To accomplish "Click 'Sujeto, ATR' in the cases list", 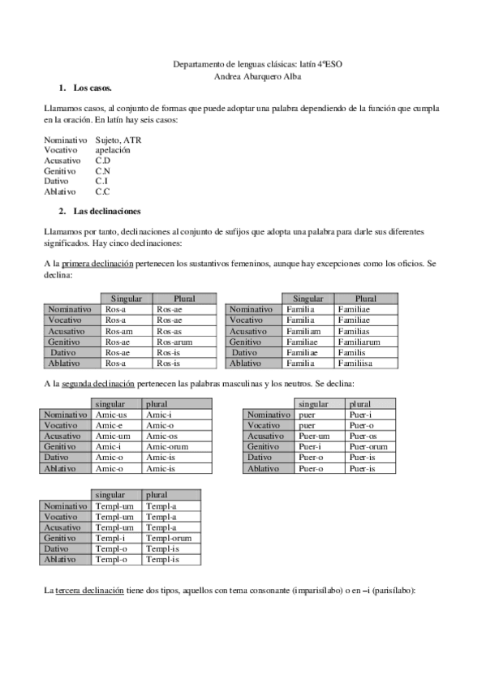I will click(x=118, y=140).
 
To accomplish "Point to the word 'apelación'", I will click(x=112, y=151).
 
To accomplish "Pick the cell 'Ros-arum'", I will click(x=174, y=342).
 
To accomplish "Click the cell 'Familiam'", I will click(x=304, y=331).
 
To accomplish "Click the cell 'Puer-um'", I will click(x=315, y=436).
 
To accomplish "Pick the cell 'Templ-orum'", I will click(x=168, y=537).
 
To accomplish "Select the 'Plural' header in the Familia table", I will click(x=366, y=299).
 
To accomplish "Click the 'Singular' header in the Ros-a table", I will click(x=126, y=299).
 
